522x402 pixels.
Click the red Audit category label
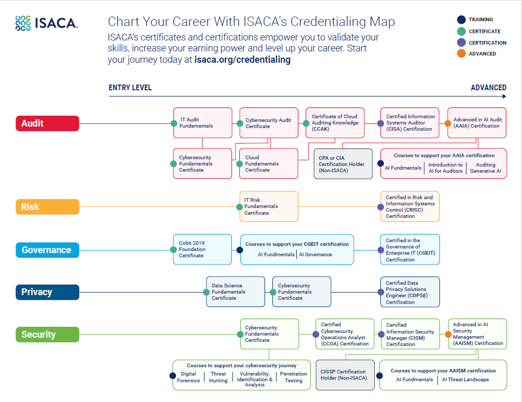(47, 123)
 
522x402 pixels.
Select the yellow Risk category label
(47, 207)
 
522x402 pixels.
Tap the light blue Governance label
(47, 250)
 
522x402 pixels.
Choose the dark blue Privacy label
(47, 292)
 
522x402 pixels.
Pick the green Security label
(47, 335)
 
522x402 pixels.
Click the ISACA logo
(47, 22)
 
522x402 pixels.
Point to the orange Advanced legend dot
(461, 53)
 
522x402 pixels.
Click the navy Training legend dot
(461, 20)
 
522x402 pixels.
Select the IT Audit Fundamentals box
(202, 123)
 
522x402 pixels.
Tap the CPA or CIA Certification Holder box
(343, 164)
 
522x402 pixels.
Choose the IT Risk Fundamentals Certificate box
(268, 206)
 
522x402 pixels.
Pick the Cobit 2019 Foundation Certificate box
(202, 249)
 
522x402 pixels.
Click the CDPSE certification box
(410, 292)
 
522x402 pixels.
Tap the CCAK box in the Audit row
(335, 123)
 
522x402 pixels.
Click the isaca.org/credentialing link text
(242, 60)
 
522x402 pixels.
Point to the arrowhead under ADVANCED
(504, 96)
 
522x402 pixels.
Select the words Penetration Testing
(293, 377)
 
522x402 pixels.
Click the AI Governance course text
(315, 255)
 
